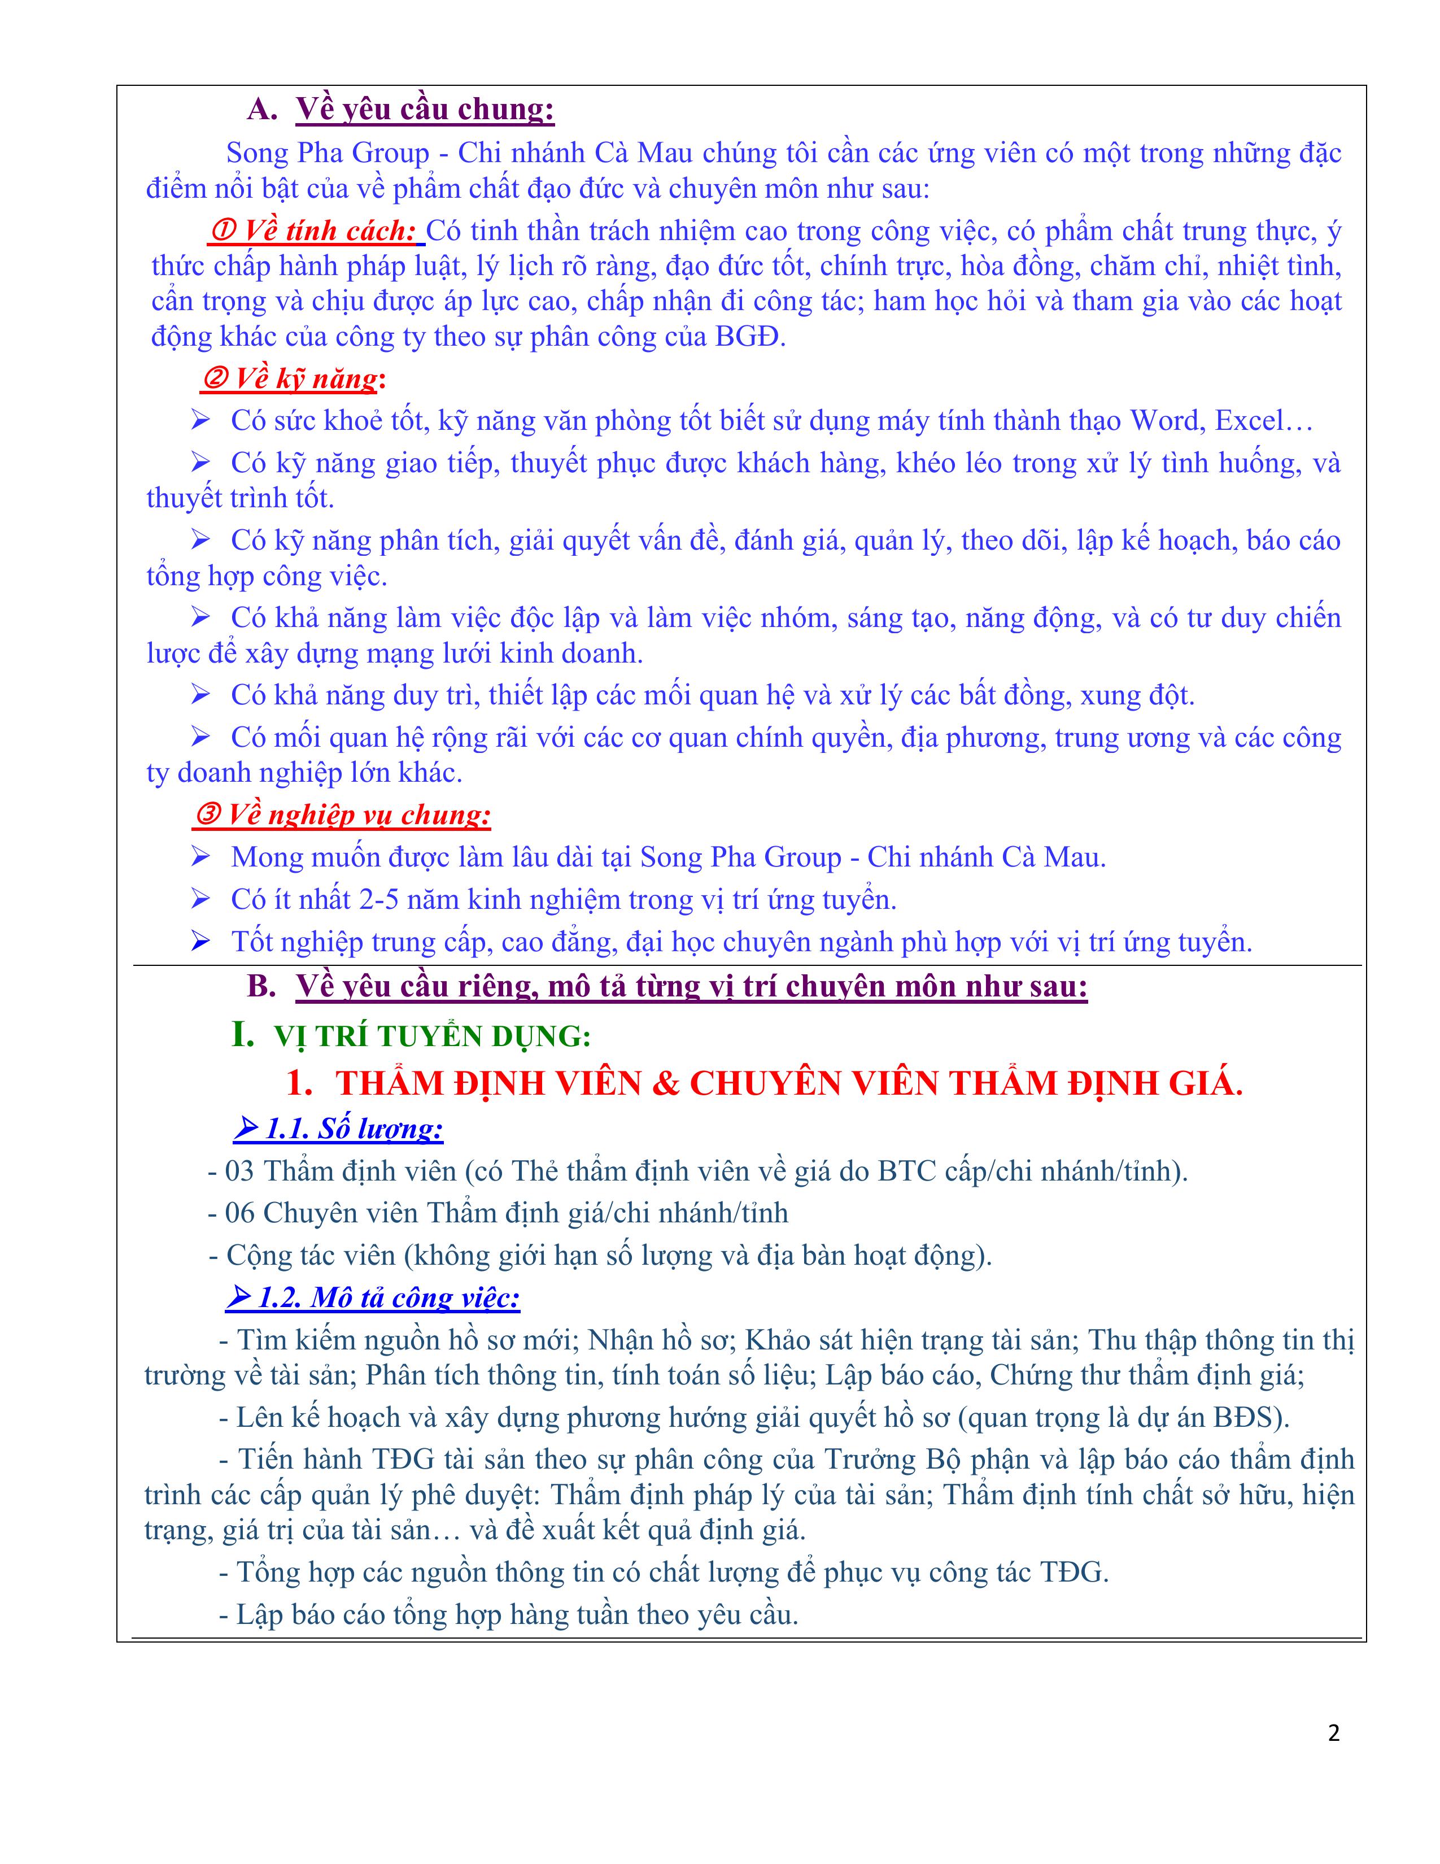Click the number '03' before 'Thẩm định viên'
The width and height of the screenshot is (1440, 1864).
pyautogui.click(x=239, y=1171)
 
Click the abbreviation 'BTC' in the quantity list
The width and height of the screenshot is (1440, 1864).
pyautogui.click(x=907, y=1171)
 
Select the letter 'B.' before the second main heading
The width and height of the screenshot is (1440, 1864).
pyautogui.click(x=261, y=987)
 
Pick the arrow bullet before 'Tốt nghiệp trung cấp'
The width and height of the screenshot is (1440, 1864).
pyautogui.click(x=200, y=942)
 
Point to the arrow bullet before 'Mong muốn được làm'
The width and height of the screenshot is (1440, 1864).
pyautogui.click(x=200, y=857)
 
